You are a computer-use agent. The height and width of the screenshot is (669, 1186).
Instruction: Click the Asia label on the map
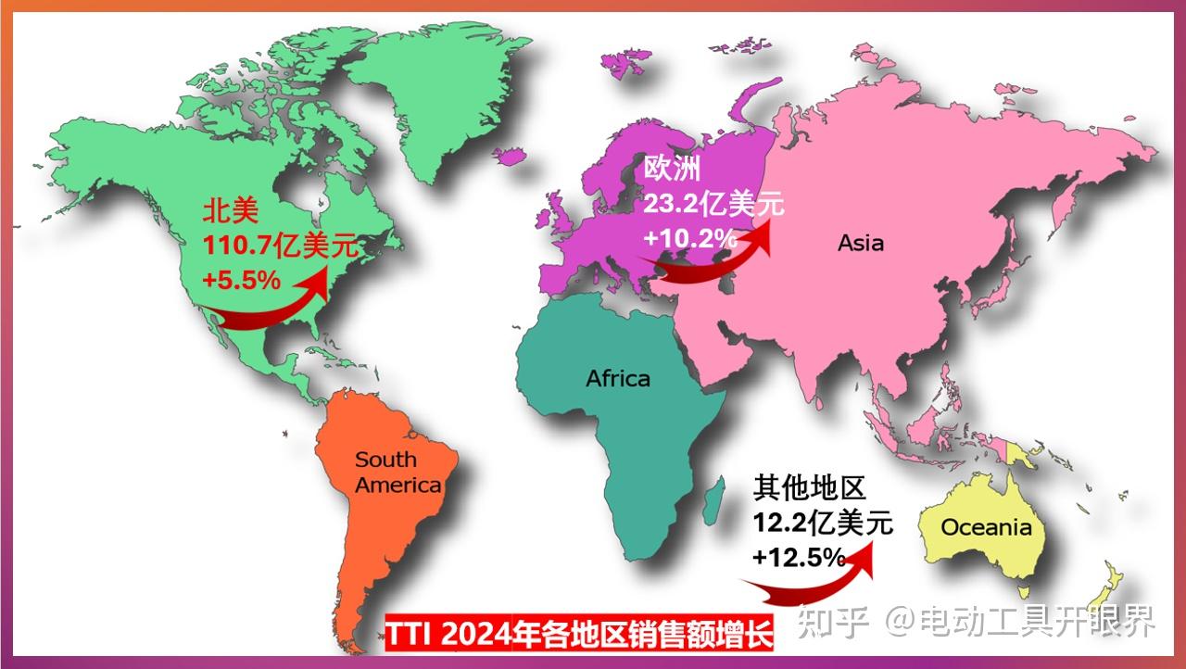click(861, 244)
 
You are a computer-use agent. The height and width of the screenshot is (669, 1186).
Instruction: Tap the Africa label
click(618, 378)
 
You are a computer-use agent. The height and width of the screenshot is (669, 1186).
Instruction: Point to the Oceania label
click(986, 527)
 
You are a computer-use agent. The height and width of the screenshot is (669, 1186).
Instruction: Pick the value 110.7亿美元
click(279, 246)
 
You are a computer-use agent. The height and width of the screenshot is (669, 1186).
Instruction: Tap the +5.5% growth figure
click(241, 278)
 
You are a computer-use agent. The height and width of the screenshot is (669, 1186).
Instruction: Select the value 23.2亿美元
click(713, 203)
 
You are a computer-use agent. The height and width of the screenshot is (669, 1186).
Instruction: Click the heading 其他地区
click(809, 487)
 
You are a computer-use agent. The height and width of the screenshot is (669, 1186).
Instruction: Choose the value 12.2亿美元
click(823, 524)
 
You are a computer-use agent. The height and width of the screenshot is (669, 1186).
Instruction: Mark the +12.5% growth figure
click(799, 558)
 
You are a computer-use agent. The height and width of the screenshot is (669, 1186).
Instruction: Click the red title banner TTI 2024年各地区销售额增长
click(579, 636)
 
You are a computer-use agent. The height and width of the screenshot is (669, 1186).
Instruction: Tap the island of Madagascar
click(713, 500)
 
